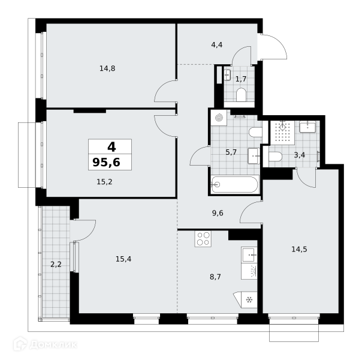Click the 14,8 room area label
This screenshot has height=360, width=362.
point(107,68)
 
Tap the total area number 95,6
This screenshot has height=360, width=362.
point(107,162)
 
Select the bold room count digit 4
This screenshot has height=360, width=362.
point(111,147)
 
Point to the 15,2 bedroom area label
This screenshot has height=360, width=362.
point(104,182)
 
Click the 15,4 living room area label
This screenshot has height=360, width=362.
point(123,259)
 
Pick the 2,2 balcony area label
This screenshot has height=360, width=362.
point(56,264)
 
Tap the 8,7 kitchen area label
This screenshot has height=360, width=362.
point(215,277)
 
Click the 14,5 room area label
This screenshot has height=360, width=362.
point(299,250)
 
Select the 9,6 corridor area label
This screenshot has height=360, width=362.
point(218,213)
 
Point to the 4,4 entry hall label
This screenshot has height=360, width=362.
point(217,44)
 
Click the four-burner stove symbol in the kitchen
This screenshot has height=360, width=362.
point(203,239)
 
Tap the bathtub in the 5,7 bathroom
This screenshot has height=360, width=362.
point(235,184)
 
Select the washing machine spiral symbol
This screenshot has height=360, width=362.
point(219,118)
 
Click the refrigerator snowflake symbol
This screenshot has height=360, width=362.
point(249,300)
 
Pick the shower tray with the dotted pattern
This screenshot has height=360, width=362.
point(282,133)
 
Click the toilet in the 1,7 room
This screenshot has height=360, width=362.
point(242,95)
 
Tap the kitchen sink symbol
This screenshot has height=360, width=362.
point(249,254)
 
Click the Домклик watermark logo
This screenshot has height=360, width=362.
point(46,345)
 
